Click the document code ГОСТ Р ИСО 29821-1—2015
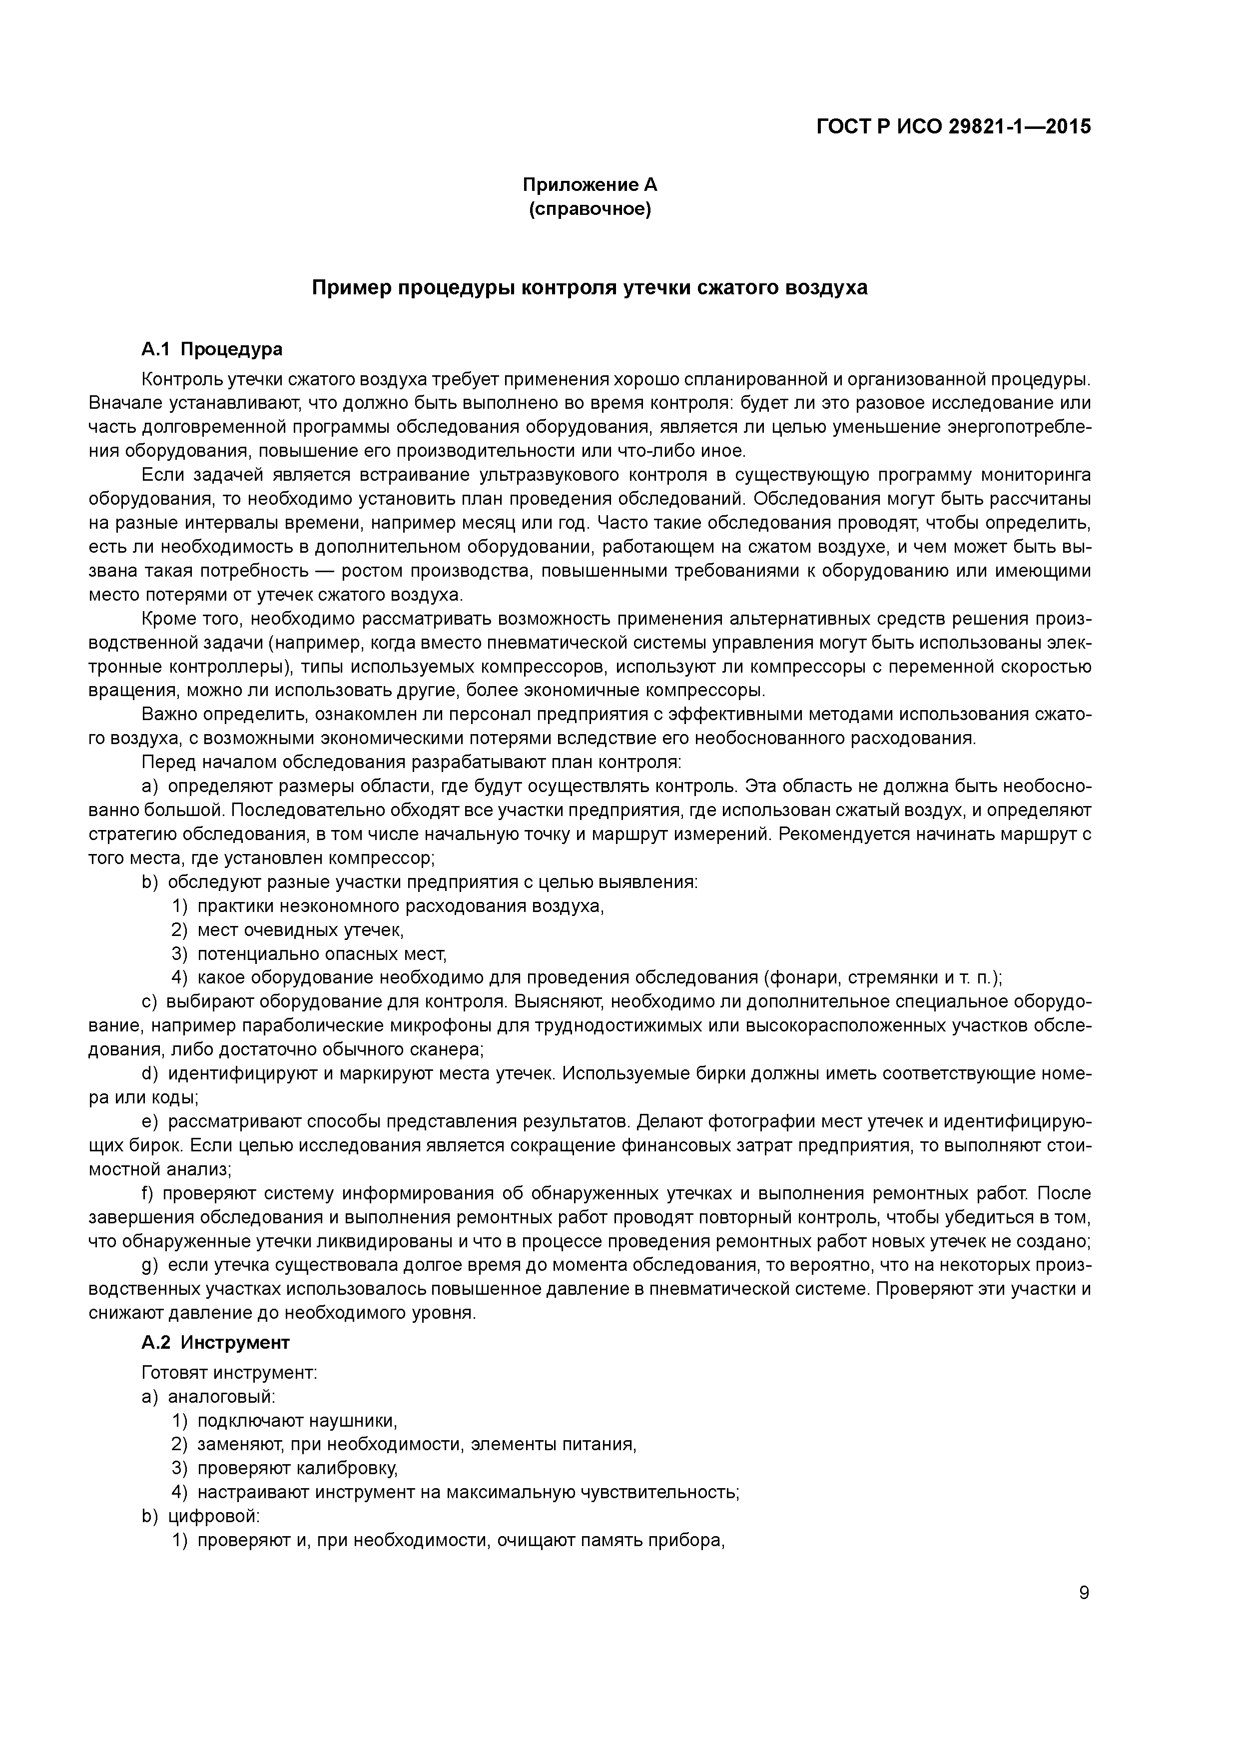pos(954,127)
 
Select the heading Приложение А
pos(590,185)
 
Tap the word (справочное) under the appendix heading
pos(590,209)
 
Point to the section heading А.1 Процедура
pos(211,349)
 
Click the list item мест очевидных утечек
pos(300,930)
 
